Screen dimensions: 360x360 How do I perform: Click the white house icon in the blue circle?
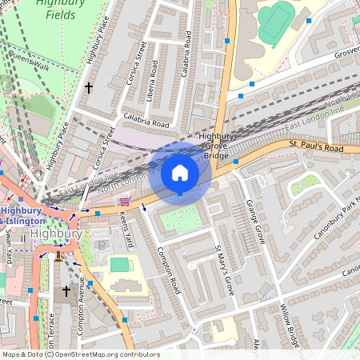click(x=180, y=173)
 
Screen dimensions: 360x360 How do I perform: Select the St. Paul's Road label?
click(x=316, y=146)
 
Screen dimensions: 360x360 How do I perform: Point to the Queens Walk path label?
click(x=29, y=60)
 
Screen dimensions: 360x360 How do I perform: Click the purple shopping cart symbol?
click(x=125, y=202)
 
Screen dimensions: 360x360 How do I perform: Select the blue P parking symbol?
click(x=101, y=243)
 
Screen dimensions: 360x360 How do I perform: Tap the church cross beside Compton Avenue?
click(x=66, y=291)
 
